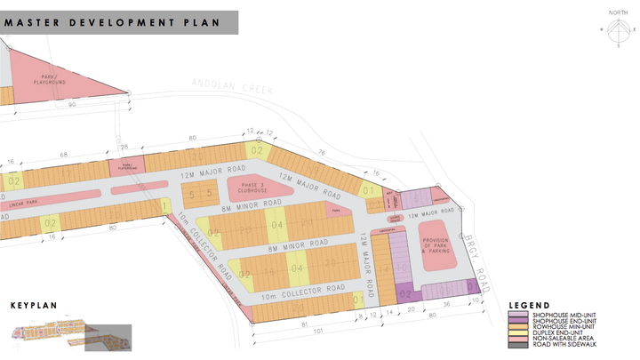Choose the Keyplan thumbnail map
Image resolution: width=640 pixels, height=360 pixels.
tap(71, 333)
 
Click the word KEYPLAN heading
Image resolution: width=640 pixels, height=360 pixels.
tap(34, 305)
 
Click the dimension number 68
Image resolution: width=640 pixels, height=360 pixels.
tap(64, 154)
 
